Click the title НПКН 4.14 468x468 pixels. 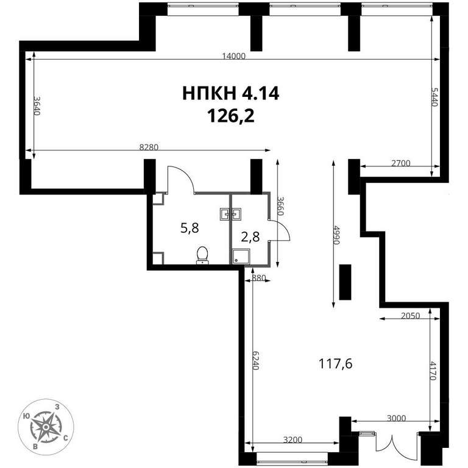(x=231, y=93)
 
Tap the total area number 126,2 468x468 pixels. (x=231, y=116)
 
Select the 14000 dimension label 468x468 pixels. (x=234, y=56)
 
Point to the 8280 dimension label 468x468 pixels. (x=149, y=147)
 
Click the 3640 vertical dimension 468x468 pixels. (x=37, y=106)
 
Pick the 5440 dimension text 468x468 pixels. (x=434, y=97)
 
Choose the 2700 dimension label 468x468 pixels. (x=400, y=163)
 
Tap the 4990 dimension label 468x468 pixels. (x=336, y=235)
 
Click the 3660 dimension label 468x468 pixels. (x=281, y=205)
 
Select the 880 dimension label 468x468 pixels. (x=259, y=278)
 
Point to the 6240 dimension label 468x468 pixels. (x=256, y=360)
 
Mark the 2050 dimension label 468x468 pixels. (x=410, y=316)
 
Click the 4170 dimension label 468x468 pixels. (x=433, y=370)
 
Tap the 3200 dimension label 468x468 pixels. (x=292, y=439)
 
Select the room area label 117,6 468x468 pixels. (x=336, y=364)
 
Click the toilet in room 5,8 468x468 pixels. (x=203, y=255)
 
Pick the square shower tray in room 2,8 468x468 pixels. (x=241, y=257)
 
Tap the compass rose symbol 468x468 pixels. (x=46, y=427)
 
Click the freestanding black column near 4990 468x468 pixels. (x=346, y=282)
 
